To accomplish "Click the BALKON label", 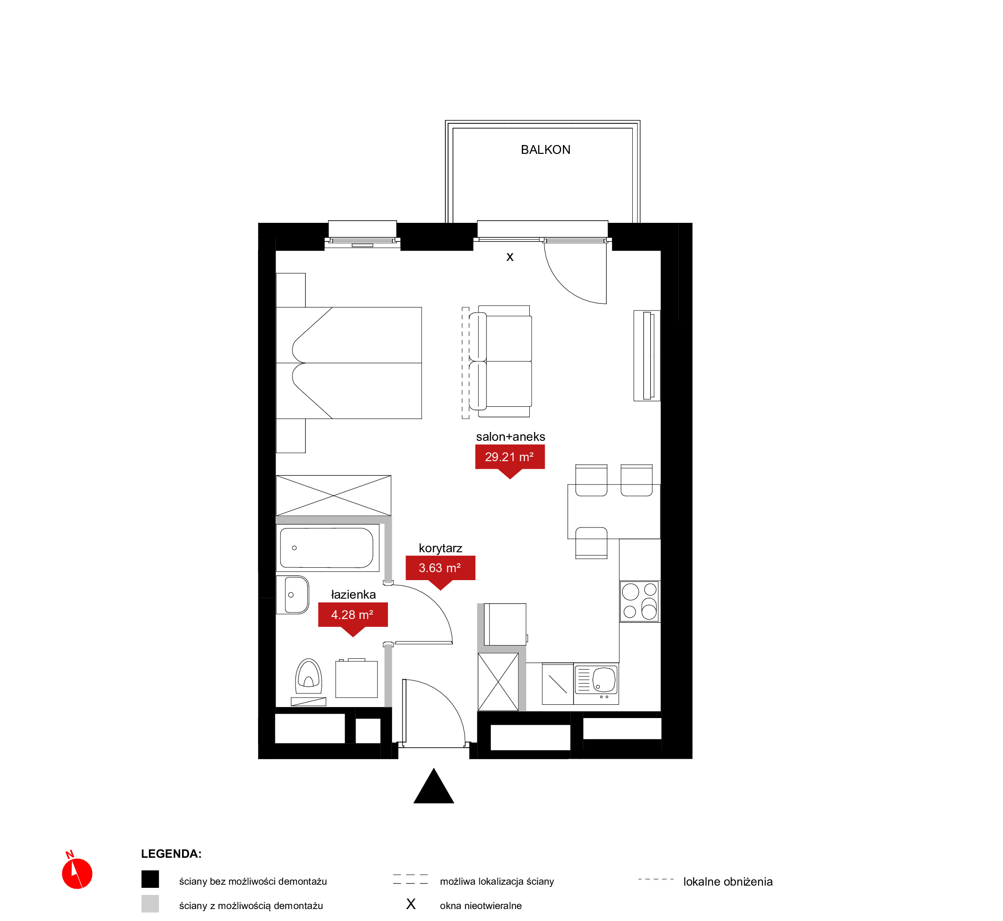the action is [545, 149].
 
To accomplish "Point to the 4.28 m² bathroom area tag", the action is [353, 618].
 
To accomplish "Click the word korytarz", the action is [440, 548].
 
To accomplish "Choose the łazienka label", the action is [353, 594].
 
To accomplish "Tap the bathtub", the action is [327, 548].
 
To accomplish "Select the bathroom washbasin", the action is [296, 595].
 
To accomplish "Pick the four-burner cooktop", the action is [639, 601].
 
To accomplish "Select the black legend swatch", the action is [150, 879].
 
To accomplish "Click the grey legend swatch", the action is [150, 904].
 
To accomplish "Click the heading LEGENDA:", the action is [171, 854].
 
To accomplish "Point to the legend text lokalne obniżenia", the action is [728, 882].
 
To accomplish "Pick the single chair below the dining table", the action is [591, 543].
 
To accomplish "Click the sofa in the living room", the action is [501, 361].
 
